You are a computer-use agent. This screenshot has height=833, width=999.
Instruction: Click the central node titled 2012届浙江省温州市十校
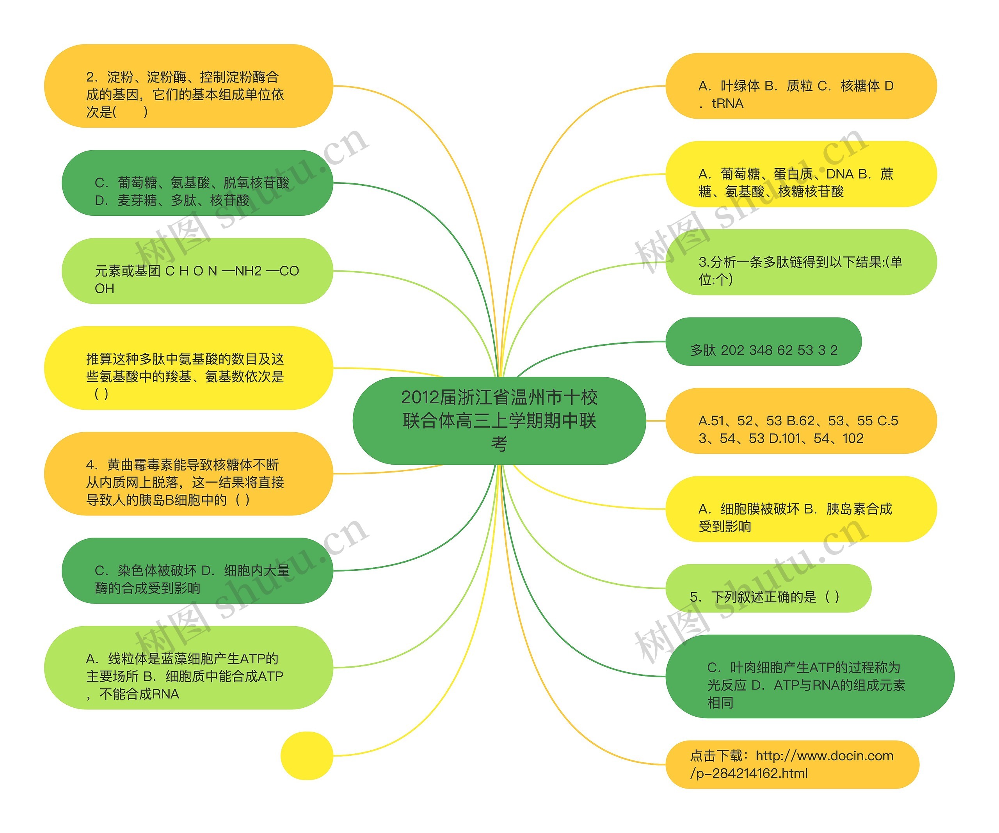[x=499, y=421]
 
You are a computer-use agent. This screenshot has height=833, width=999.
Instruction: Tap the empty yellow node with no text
[x=307, y=755]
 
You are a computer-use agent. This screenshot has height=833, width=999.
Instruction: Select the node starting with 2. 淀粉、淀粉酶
[x=188, y=86]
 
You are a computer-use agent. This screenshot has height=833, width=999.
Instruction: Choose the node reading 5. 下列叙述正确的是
[x=768, y=588]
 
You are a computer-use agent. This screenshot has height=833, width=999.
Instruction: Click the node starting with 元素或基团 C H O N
[x=197, y=271]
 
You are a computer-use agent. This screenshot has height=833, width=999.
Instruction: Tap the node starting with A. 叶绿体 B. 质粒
[x=801, y=86]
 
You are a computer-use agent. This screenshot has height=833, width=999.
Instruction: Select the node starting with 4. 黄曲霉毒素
[x=188, y=474]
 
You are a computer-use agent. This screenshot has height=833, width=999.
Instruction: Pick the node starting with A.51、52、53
[x=801, y=421]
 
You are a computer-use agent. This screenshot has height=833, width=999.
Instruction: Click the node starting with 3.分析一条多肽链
[x=801, y=263]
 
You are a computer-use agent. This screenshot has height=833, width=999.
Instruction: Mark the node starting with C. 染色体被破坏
[x=197, y=571]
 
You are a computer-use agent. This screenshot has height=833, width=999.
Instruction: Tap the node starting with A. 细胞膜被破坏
[x=801, y=509]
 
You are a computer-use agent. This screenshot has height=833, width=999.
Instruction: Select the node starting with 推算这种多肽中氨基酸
[x=188, y=368]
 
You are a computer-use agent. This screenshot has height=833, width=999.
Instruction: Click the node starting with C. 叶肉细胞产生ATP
[x=809, y=677]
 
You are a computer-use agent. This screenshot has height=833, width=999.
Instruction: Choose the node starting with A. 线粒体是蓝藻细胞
[x=188, y=668]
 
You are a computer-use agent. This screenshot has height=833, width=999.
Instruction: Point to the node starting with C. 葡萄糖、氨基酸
[x=197, y=183]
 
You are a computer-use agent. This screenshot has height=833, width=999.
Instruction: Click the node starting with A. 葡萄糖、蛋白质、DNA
[x=801, y=174]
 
